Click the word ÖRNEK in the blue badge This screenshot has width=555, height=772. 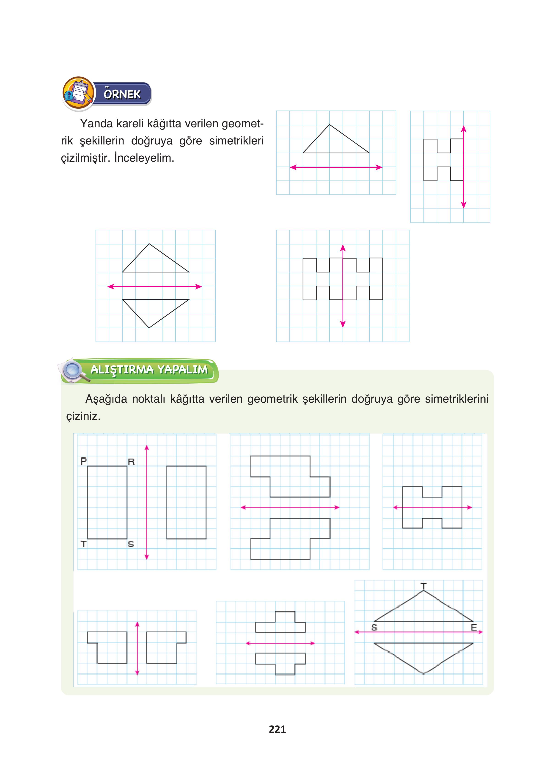122,94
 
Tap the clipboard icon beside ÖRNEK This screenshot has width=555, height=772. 79,93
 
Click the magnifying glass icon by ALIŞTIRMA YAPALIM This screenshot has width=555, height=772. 73,371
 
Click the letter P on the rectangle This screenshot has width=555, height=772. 84,461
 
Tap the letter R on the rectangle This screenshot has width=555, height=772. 131,462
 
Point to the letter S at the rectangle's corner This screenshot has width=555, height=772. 131,544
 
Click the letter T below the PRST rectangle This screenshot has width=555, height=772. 84,544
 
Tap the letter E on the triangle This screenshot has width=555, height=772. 473,627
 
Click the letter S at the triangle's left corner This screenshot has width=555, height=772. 374,627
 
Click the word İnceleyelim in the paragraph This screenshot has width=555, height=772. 144,158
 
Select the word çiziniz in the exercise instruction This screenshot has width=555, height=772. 83,416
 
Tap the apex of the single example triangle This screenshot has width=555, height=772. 329,125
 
